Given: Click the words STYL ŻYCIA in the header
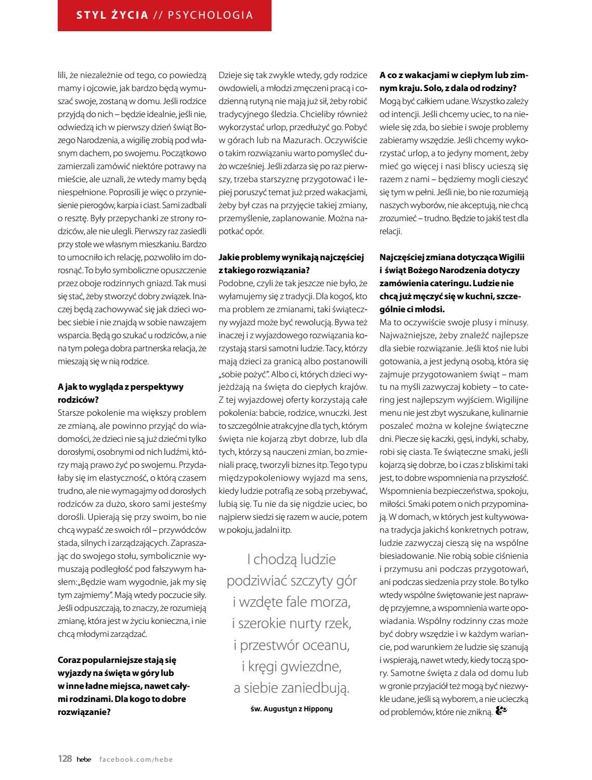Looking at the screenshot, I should [x=112, y=15].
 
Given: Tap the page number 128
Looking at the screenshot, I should [x=65, y=759].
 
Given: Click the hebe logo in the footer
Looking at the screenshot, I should [x=84, y=759].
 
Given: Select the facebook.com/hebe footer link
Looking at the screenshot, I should [x=136, y=759].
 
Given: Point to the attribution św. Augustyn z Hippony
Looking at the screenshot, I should [x=291, y=709].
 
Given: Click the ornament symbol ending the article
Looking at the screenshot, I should [x=501, y=711].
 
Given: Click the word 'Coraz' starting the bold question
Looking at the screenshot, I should [x=69, y=660].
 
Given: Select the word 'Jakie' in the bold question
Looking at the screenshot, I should [x=229, y=257].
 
